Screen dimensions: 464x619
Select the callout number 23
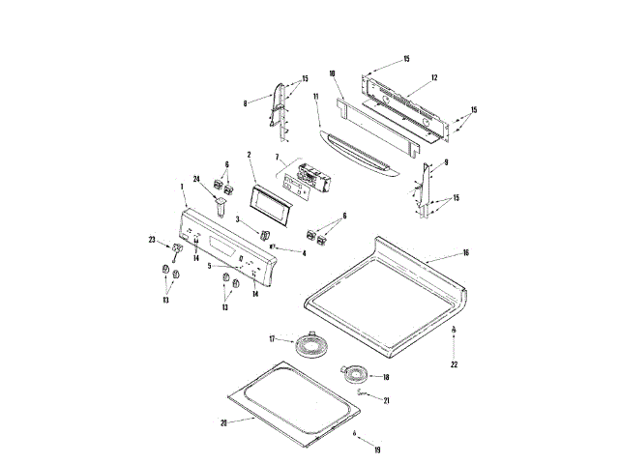click(x=152, y=239)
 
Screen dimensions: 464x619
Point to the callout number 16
click(x=465, y=252)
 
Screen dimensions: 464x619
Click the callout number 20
click(x=223, y=421)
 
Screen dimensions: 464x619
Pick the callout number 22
click(x=454, y=364)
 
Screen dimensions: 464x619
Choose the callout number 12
click(x=434, y=76)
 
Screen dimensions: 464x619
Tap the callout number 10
click(x=331, y=73)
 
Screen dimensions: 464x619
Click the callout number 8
click(x=245, y=102)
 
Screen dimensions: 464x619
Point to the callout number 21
click(x=386, y=399)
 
